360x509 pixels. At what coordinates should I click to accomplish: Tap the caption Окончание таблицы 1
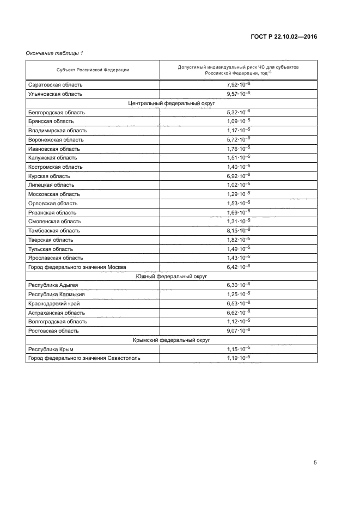tap(54, 53)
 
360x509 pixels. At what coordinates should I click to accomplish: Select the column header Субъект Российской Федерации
tap(93, 70)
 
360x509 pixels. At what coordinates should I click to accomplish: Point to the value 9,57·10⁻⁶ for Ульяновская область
tap(239, 94)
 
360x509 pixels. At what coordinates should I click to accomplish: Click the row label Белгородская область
tap(57, 112)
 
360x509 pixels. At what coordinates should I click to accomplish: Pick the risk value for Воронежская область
tap(239, 139)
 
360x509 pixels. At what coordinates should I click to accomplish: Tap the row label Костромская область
tap(56, 167)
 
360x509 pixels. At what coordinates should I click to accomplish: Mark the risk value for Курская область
tap(239, 176)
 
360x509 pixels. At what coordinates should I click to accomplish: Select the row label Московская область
tap(54, 194)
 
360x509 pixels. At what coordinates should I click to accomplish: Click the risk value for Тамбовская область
tap(239, 230)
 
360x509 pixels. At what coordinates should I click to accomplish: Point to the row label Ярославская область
tap(56, 258)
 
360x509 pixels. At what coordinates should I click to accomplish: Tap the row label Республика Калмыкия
tap(56, 295)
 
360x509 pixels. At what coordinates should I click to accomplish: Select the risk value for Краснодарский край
tap(239, 303)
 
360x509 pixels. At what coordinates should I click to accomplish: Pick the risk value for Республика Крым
tap(239, 349)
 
